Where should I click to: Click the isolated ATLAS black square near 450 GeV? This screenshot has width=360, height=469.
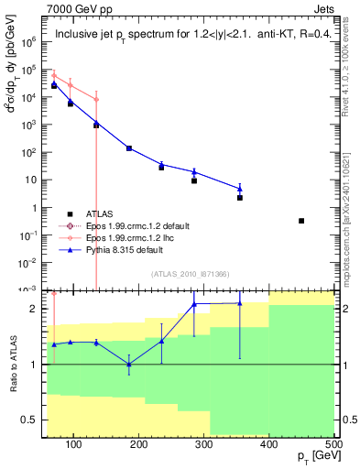click(301, 221)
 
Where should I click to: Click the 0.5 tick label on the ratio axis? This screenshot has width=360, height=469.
click(33, 420)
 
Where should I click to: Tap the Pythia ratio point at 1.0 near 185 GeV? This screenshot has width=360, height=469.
click(128, 365)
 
